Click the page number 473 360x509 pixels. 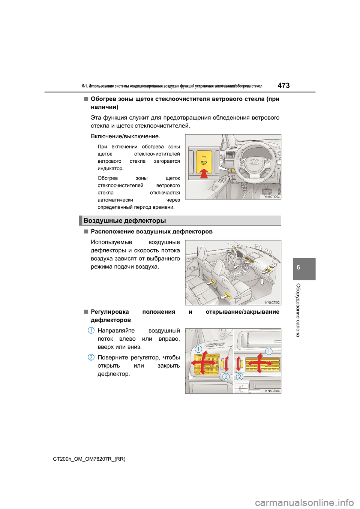click(283, 85)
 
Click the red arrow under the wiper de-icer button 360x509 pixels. click(204, 173)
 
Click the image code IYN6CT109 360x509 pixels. click(271, 196)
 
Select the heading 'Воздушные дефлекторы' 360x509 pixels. click(124, 220)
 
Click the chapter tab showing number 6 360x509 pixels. click(298, 268)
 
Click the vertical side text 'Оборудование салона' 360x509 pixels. click(298, 310)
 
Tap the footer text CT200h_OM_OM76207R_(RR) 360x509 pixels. click(89, 459)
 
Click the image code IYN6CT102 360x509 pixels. click(272, 302)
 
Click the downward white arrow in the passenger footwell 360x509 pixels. click(262, 282)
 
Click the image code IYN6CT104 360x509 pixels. click(272, 391)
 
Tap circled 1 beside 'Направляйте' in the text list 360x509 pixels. click(91, 330)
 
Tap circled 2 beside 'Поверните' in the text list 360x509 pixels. click(91, 357)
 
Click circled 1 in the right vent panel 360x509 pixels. click(269, 351)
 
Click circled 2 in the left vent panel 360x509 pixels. click(226, 376)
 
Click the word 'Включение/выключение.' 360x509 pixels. click(125, 136)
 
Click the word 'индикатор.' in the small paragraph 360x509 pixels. click(110, 168)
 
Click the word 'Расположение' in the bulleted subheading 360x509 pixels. click(112, 231)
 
